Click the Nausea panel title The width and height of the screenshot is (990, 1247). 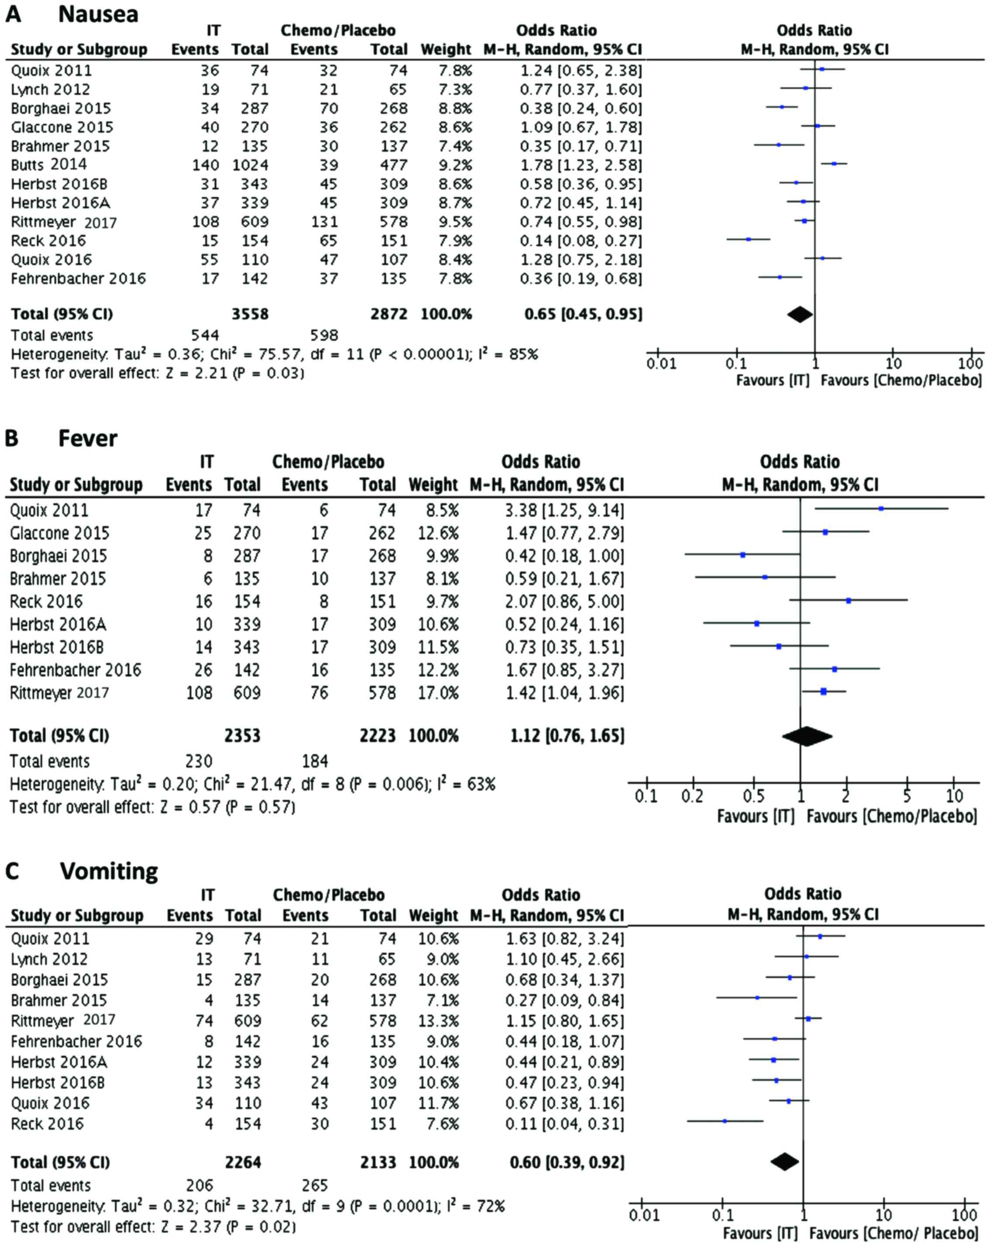(98, 14)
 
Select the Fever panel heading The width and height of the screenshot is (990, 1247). (87, 439)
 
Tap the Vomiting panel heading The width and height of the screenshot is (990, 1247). (108, 870)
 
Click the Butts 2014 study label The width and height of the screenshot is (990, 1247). (49, 165)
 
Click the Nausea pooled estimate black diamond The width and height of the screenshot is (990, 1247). (800, 314)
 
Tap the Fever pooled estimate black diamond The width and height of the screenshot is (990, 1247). (807, 736)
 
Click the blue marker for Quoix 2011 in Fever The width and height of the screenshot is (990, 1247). (880, 509)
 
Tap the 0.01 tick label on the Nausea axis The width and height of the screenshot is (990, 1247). (661, 364)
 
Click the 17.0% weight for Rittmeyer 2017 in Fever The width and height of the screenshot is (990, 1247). (437, 692)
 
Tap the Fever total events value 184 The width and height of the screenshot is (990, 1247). (315, 761)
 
